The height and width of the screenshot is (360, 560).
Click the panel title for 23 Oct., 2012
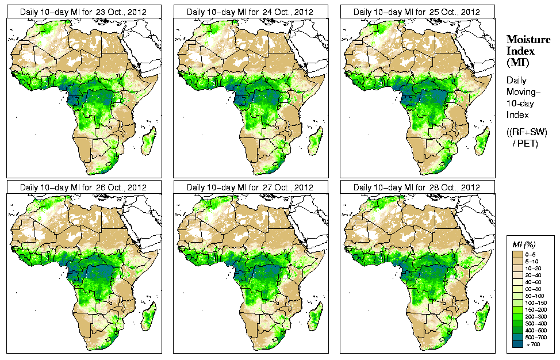pyautogui.click(x=83, y=12)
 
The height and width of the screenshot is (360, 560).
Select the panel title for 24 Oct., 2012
pyautogui.click(x=250, y=12)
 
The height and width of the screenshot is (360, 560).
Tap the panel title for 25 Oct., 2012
pyautogui.click(x=417, y=12)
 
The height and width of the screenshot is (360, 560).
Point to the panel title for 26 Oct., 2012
pyautogui.click(x=83, y=187)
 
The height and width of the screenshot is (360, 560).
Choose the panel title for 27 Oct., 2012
pyautogui.click(x=250, y=187)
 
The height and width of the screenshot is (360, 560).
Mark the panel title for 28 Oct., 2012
pyautogui.click(x=417, y=187)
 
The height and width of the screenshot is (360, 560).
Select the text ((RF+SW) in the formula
pyautogui.click(x=527, y=132)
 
